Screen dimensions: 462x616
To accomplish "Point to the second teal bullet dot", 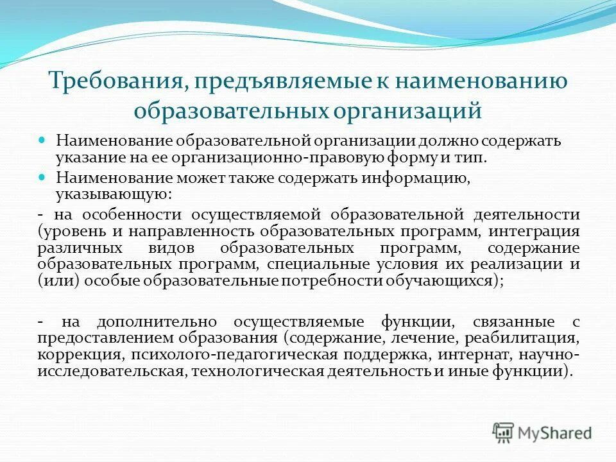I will point(43,176).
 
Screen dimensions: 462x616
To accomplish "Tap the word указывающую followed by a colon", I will point(112,193).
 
